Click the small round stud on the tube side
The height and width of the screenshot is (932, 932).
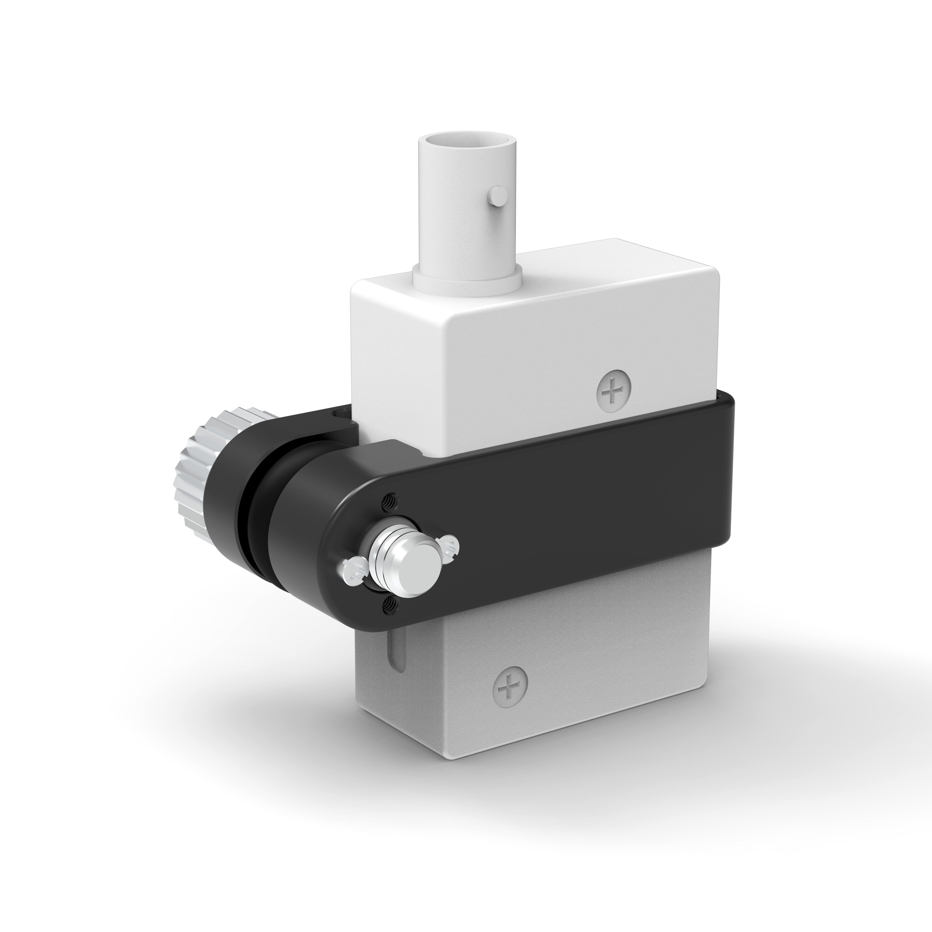point(497,196)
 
